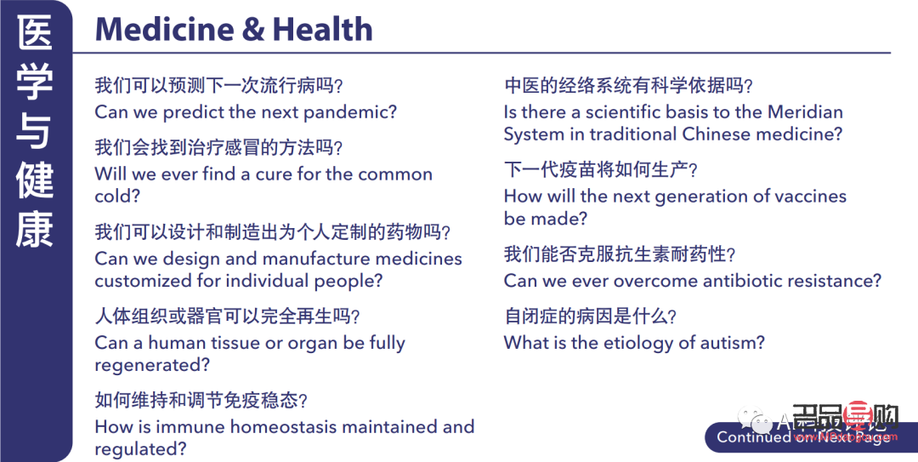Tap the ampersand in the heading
point(252,30)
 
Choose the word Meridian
point(805,111)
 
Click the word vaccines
point(803,197)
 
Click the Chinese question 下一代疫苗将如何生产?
point(600,170)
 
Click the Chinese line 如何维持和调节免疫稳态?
point(201,400)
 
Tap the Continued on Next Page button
point(803,436)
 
